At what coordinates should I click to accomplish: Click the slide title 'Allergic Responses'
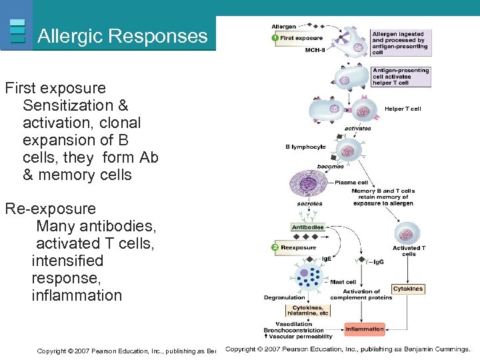123,36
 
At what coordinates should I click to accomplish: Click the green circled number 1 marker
275,38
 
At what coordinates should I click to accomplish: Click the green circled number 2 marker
275,247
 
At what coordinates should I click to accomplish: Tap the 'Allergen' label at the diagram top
285,27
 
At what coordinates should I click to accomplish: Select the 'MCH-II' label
316,49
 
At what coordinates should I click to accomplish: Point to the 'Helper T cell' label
403,109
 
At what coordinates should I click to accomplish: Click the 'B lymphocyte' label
306,147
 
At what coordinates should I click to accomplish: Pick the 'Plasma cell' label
351,182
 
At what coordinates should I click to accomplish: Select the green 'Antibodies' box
307,227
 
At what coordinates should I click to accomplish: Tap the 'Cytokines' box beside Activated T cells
408,289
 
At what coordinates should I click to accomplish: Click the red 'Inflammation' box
364,329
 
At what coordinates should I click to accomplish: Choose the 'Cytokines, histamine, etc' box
307,310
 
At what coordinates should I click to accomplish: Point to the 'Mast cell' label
343,282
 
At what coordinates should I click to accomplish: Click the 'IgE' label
327,258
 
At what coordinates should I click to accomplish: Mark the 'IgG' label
378,261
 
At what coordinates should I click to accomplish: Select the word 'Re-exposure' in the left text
51,209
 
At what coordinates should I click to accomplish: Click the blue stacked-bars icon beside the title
18,30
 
